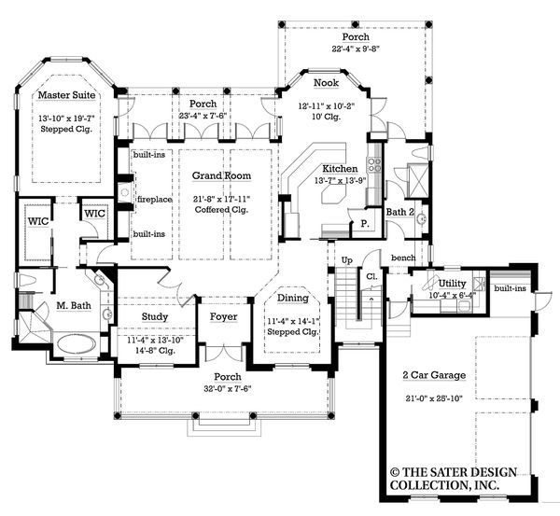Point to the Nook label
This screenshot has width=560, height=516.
pos(326,82)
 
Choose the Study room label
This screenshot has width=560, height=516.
pos(155,316)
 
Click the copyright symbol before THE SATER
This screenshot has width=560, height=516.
pos(396,472)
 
